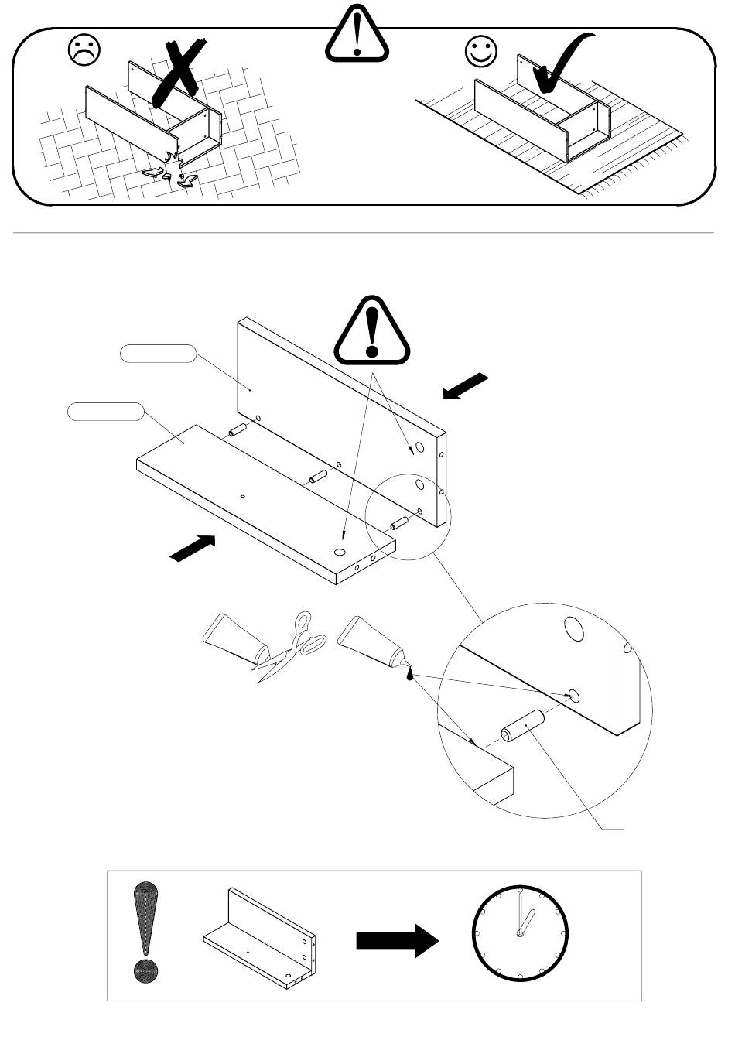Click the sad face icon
tap(84, 52)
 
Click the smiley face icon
tap(481, 52)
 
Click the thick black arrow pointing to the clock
tap(397, 940)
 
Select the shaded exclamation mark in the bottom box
tap(145, 932)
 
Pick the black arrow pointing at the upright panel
tap(467, 385)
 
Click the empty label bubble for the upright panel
tap(158, 354)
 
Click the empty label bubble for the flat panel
tap(105, 412)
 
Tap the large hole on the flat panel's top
tap(340, 552)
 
